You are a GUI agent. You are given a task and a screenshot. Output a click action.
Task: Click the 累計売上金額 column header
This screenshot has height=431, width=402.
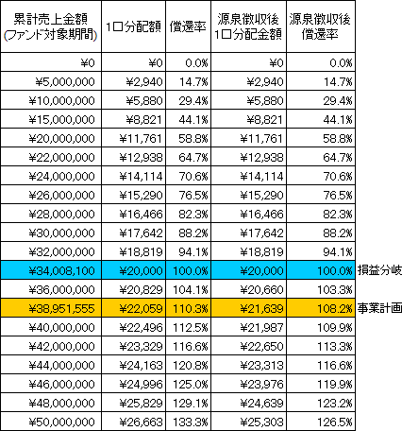[x=51, y=26]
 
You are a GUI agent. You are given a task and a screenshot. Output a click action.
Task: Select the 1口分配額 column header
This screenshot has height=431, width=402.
[x=133, y=26]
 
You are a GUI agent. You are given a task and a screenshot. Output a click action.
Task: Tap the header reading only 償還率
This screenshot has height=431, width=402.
[x=188, y=26]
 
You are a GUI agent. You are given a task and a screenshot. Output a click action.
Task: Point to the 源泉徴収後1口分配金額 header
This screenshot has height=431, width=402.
[x=248, y=26]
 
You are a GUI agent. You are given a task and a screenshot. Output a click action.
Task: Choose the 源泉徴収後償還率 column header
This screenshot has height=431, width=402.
[x=320, y=26]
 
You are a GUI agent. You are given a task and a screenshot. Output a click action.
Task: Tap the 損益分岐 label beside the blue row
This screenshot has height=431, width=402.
[x=379, y=270]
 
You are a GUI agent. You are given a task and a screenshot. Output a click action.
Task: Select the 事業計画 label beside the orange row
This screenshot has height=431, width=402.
[x=379, y=308]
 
